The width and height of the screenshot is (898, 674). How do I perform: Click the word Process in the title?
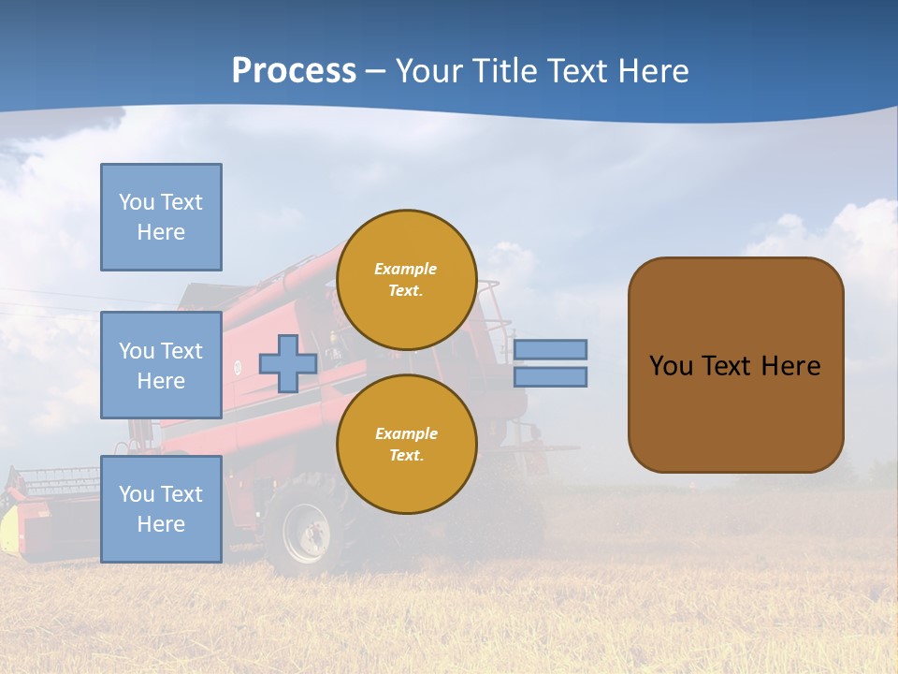tap(294, 70)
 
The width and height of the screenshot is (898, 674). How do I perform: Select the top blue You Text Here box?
tap(161, 217)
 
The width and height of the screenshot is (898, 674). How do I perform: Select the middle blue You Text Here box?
tap(161, 365)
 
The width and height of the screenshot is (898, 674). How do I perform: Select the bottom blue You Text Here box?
tap(161, 509)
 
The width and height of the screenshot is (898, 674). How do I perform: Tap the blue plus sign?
tap(288, 363)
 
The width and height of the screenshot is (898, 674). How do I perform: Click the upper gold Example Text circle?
tap(407, 280)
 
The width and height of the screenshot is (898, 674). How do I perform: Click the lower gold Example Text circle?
tap(407, 445)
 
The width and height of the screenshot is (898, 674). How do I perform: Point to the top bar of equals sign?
tap(550, 349)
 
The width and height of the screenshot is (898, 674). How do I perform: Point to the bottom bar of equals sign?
tap(550, 376)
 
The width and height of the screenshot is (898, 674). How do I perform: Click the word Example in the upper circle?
tap(406, 269)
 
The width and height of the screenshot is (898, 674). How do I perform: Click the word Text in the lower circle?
tap(406, 456)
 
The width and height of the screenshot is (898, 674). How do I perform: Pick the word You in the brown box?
tap(671, 366)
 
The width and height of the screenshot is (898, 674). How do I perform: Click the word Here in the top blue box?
tap(161, 232)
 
